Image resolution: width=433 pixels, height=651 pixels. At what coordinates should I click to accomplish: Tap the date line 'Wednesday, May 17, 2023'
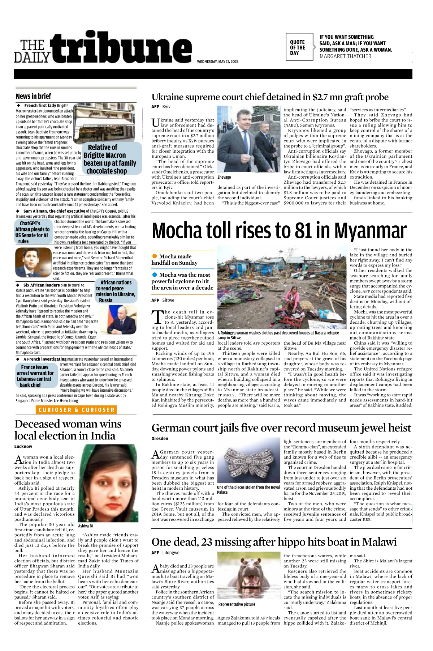pyautogui.click(x=217, y=61)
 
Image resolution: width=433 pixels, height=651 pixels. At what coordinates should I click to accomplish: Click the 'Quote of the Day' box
pyautogui.click(x=299, y=47)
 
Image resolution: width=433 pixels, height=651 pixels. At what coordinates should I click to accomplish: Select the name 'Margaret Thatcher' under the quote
pyautogui.click(x=345, y=56)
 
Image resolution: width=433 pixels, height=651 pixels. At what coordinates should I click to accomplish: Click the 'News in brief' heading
pyautogui.click(x=33, y=96)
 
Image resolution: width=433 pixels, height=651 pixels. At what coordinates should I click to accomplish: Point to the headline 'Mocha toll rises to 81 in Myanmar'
pyautogui.click(x=279, y=231)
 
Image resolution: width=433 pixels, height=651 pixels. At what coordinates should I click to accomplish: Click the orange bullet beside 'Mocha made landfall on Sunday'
pyautogui.click(x=155, y=256)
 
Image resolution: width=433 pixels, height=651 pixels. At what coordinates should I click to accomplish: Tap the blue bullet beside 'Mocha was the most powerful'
pyautogui.click(x=155, y=275)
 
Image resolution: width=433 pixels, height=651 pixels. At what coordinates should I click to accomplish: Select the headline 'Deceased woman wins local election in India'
pyautogui.click(x=68, y=430)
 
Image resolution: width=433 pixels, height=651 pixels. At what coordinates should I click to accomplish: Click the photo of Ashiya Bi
pyautogui.click(x=108, y=483)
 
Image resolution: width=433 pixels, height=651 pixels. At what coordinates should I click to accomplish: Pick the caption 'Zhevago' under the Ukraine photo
pyautogui.click(x=224, y=177)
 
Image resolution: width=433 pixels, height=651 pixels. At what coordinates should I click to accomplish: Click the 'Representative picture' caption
pyautogui.click(x=237, y=604)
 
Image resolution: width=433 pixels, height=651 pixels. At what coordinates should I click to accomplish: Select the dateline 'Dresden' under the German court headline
pyautogui.click(x=160, y=439)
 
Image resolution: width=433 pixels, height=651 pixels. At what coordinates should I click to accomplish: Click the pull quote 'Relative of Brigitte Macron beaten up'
pyautogui.click(x=110, y=159)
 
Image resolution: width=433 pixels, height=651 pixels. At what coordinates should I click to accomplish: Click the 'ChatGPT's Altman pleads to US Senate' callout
pyautogui.click(x=33, y=232)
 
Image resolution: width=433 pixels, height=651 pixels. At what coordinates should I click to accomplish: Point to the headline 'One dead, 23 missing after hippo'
pyautogui.click(x=274, y=542)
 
